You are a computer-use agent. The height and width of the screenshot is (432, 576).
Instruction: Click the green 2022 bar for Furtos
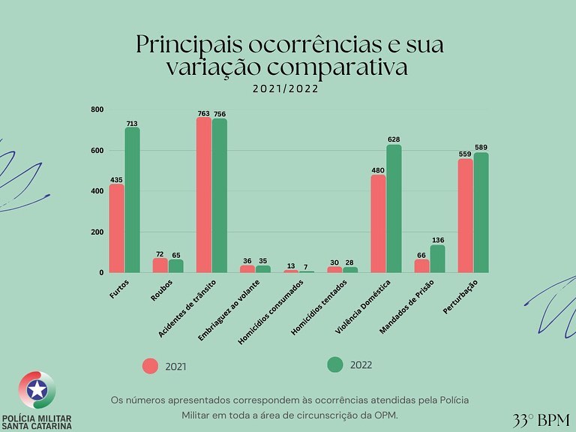coord(132,200)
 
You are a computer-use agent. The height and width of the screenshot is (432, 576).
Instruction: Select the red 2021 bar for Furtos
coord(116,228)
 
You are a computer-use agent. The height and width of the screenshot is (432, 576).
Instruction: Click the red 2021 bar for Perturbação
coord(466,215)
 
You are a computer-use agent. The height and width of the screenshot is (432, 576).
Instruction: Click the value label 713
coord(132,124)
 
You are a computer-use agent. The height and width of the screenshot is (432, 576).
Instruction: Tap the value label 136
coord(437,241)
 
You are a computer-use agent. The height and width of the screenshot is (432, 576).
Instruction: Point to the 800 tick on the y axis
coord(97,110)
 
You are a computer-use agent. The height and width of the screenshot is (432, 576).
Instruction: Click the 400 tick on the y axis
coord(97,191)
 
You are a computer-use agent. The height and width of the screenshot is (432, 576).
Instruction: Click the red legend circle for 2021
coord(151,366)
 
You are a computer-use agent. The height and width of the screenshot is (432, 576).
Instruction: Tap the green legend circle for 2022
coord(335,364)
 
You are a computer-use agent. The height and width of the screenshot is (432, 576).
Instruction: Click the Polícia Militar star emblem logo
coord(37,389)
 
